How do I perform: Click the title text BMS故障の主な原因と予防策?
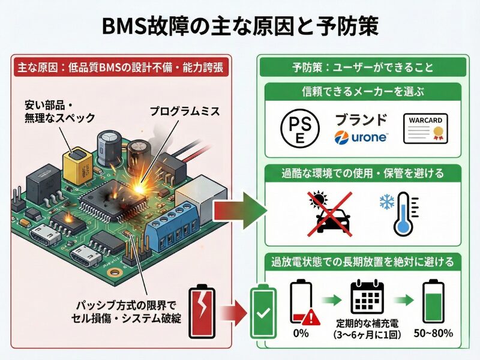click(240, 28)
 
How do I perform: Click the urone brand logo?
click(361, 137)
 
